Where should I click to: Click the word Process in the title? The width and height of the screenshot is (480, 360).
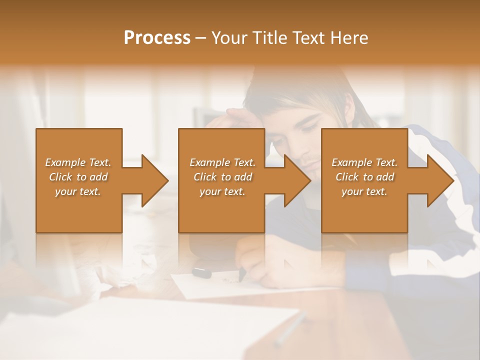click(x=157, y=37)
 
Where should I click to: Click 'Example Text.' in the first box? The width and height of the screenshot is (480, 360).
click(x=78, y=162)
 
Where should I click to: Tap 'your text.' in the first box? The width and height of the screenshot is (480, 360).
click(x=78, y=191)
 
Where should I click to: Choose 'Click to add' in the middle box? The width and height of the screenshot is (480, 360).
click(x=222, y=177)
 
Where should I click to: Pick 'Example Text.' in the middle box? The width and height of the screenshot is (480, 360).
click(x=222, y=162)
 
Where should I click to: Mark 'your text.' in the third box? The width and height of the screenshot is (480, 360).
click(x=364, y=191)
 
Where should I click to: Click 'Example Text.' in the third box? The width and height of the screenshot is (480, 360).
click(x=364, y=162)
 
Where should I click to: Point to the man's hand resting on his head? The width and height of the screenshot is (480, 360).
click(x=240, y=117)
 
